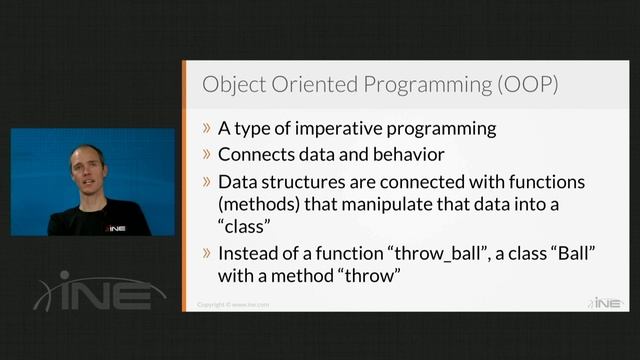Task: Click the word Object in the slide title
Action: click(x=233, y=84)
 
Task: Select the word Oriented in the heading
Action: click(x=316, y=84)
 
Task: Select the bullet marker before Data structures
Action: click(x=206, y=183)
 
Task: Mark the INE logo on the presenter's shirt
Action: click(x=115, y=226)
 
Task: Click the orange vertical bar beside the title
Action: click(x=184, y=84)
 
